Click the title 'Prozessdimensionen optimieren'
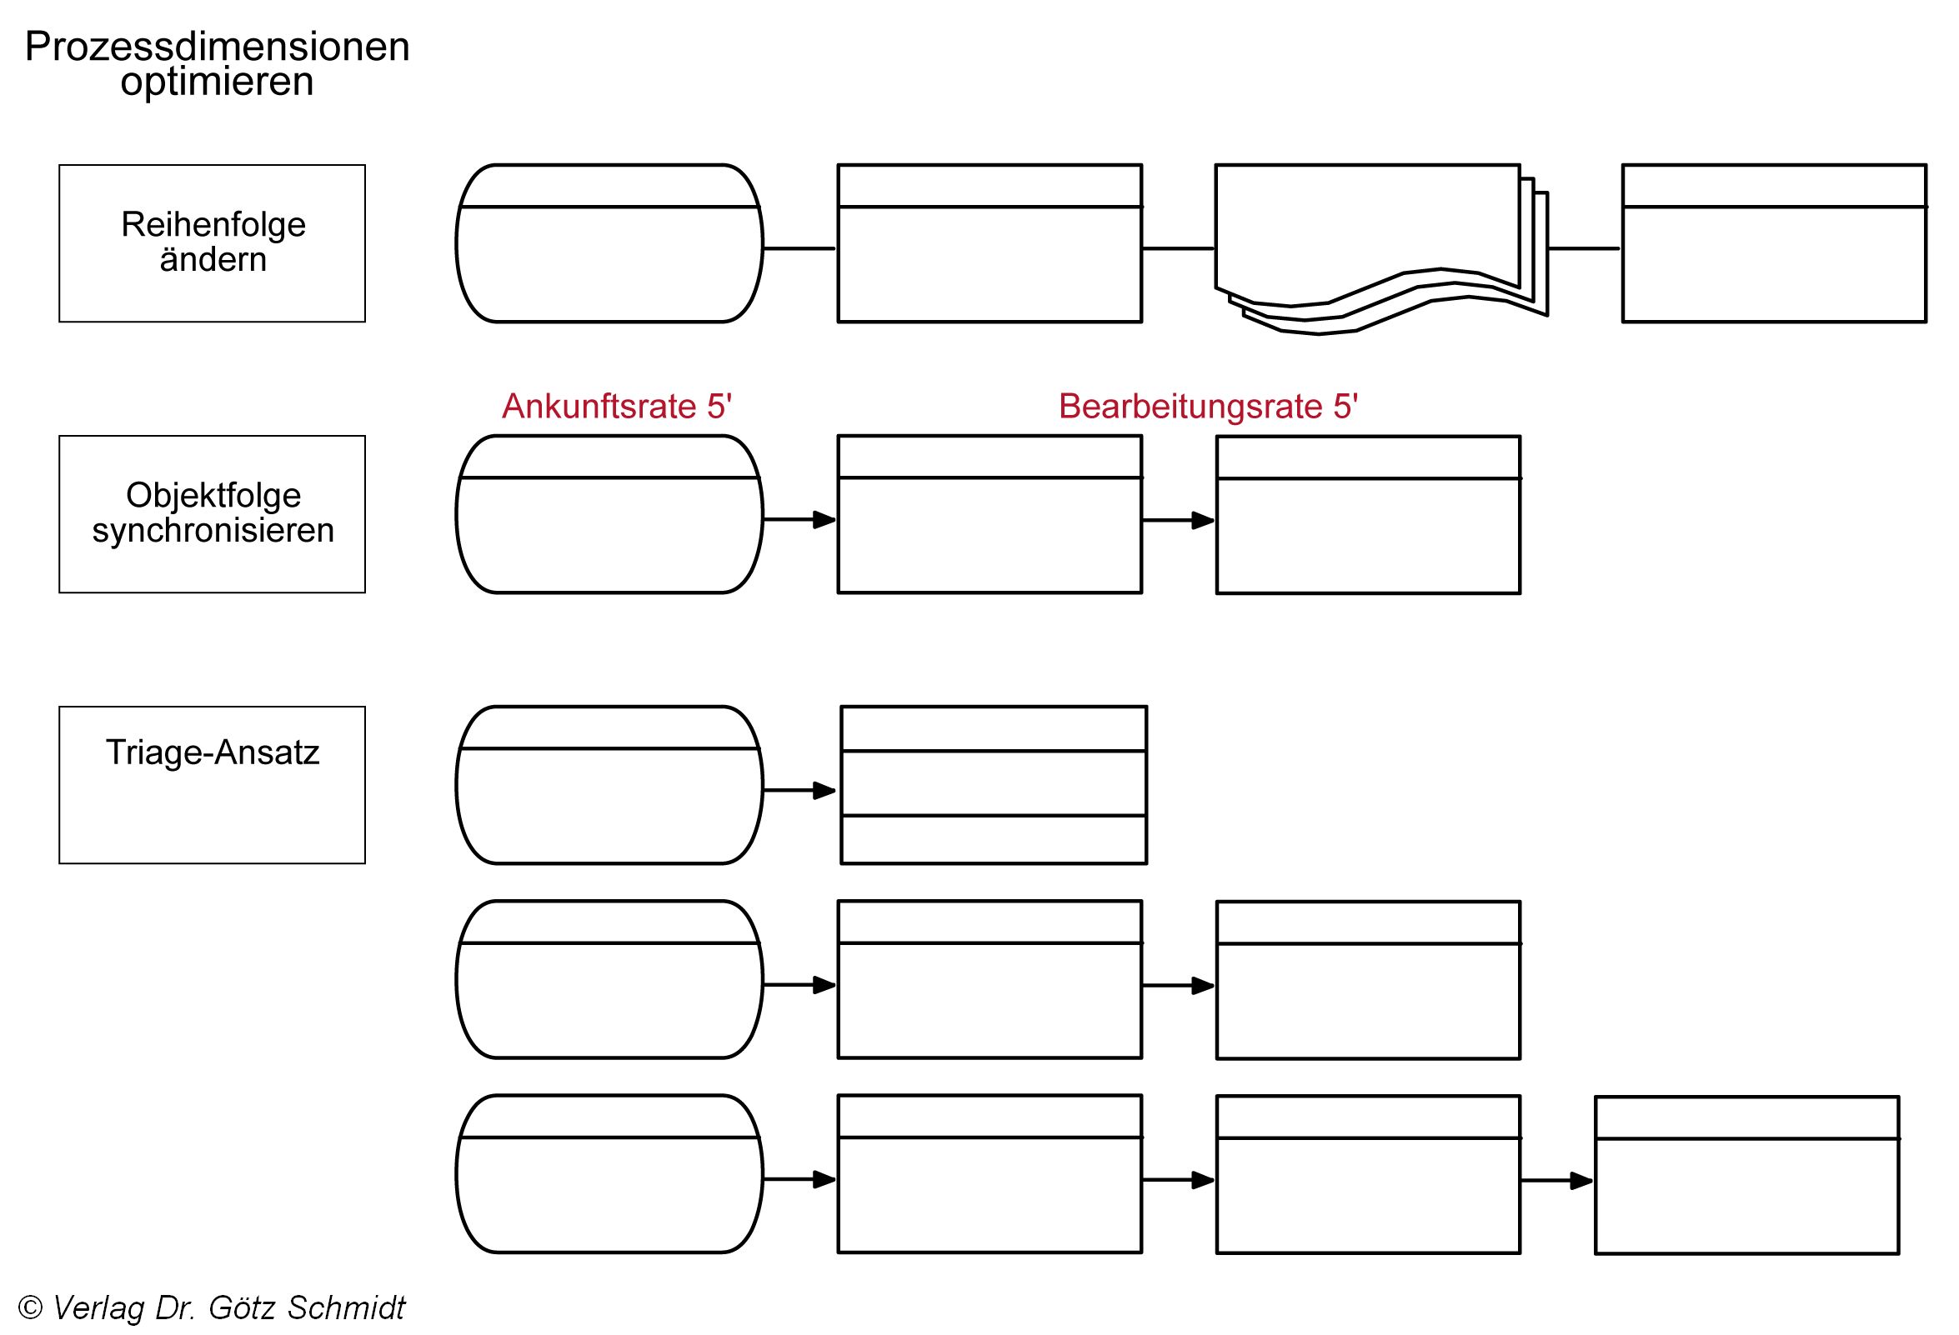pos(217,64)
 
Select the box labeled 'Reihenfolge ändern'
pos(213,242)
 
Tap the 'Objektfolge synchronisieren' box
pos(213,513)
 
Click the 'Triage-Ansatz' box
pos(213,784)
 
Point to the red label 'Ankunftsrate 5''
pos(616,406)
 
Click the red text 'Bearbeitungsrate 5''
pos(1207,406)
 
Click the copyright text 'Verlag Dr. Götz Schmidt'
pos(228,1307)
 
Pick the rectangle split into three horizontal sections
pos(993,785)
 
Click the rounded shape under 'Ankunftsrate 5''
pos(609,514)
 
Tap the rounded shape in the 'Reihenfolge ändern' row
pos(609,242)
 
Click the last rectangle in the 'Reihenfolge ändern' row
pos(1774,242)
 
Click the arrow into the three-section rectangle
pos(799,791)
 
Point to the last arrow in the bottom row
pos(1556,1181)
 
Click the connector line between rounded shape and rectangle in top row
pos(799,248)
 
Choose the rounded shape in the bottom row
pos(609,1173)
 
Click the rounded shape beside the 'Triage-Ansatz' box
pos(609,785)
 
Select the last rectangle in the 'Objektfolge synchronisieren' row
pos(1367,515)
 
